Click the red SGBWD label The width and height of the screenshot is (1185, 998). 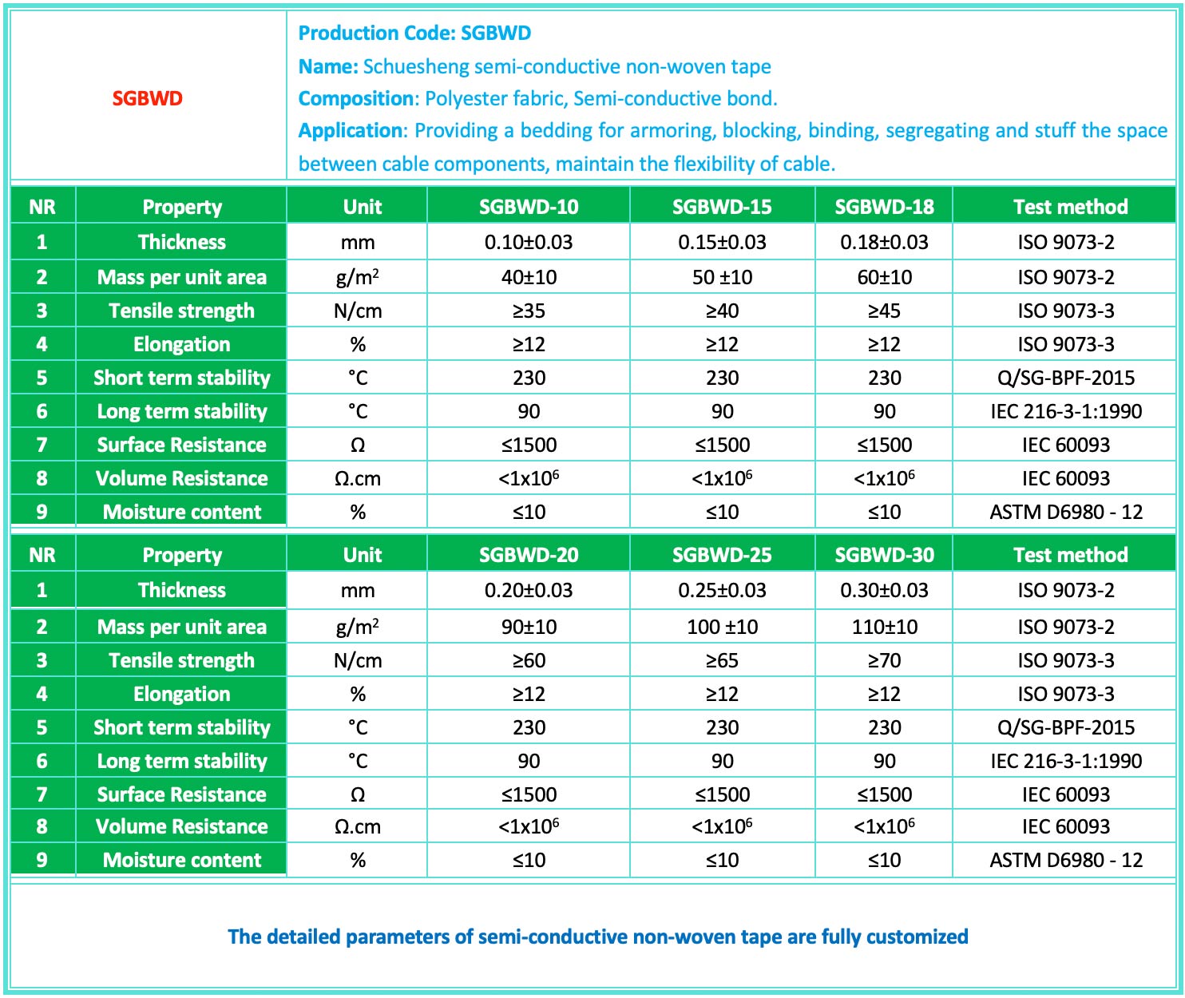[x=147, y=98]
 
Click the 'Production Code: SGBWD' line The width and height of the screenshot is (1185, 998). [x=414, y=33]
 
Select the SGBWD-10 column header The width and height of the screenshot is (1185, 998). [x=529, y=207]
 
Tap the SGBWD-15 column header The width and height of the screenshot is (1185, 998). [x=722, y=207]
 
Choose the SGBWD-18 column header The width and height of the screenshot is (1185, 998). [x=884, y=207]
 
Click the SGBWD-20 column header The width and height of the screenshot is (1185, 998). [x=529, y=555]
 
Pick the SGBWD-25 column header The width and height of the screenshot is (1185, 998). [x=722, y=555]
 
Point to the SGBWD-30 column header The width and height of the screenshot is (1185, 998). [x=884, y=555]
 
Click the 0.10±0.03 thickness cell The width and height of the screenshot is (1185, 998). [x=529, y=242]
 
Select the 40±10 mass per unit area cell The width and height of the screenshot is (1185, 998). [x=529, y=277]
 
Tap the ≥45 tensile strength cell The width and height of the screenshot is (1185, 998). [x=884, y=311]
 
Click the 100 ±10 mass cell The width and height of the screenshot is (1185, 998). [x=722, y=627]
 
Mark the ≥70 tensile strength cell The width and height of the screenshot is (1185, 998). [x=884, y=660]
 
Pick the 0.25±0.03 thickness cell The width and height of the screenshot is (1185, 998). [x=722, y=590]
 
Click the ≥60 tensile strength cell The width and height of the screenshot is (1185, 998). [x=529, y=660]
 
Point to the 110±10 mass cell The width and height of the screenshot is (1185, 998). [x=884, y=627]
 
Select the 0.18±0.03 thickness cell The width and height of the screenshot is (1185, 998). [x=884, y=242]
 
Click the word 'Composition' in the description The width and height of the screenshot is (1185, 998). [x=357, y=98]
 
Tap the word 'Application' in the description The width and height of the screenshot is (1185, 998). [x=351, y=130]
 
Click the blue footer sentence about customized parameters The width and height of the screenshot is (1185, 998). [x=597, y=937]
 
